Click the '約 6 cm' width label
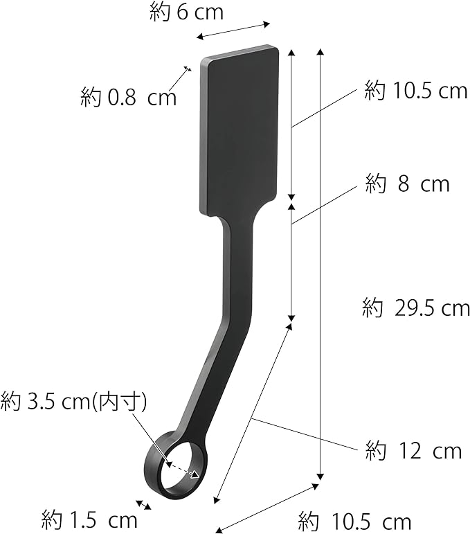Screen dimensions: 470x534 186,13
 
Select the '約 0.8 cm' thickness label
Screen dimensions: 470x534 129,97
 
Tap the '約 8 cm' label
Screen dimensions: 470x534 408,184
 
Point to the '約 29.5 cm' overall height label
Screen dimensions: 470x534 416,308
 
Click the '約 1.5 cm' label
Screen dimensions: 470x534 89,520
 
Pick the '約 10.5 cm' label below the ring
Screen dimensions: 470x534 354,522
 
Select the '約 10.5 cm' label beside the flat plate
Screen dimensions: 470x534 416,91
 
